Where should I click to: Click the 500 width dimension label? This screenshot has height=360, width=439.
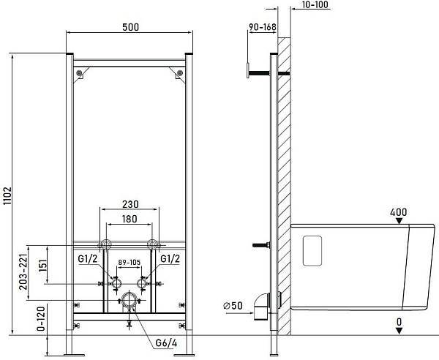[x=130, y=27]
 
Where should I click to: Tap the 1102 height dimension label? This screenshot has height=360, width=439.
[x=7, y=195]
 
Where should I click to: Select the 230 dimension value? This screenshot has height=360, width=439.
[x=130, y=204]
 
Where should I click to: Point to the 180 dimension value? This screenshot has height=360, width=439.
[x=130, y=219]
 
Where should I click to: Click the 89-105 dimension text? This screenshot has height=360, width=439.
[x=129, y=262]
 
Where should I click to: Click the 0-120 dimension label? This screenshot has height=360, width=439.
[x=41, y=319]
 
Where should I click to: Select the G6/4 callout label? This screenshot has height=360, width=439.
[x=166, y=343]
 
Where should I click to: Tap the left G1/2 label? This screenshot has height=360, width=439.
[x=88, y=259]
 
